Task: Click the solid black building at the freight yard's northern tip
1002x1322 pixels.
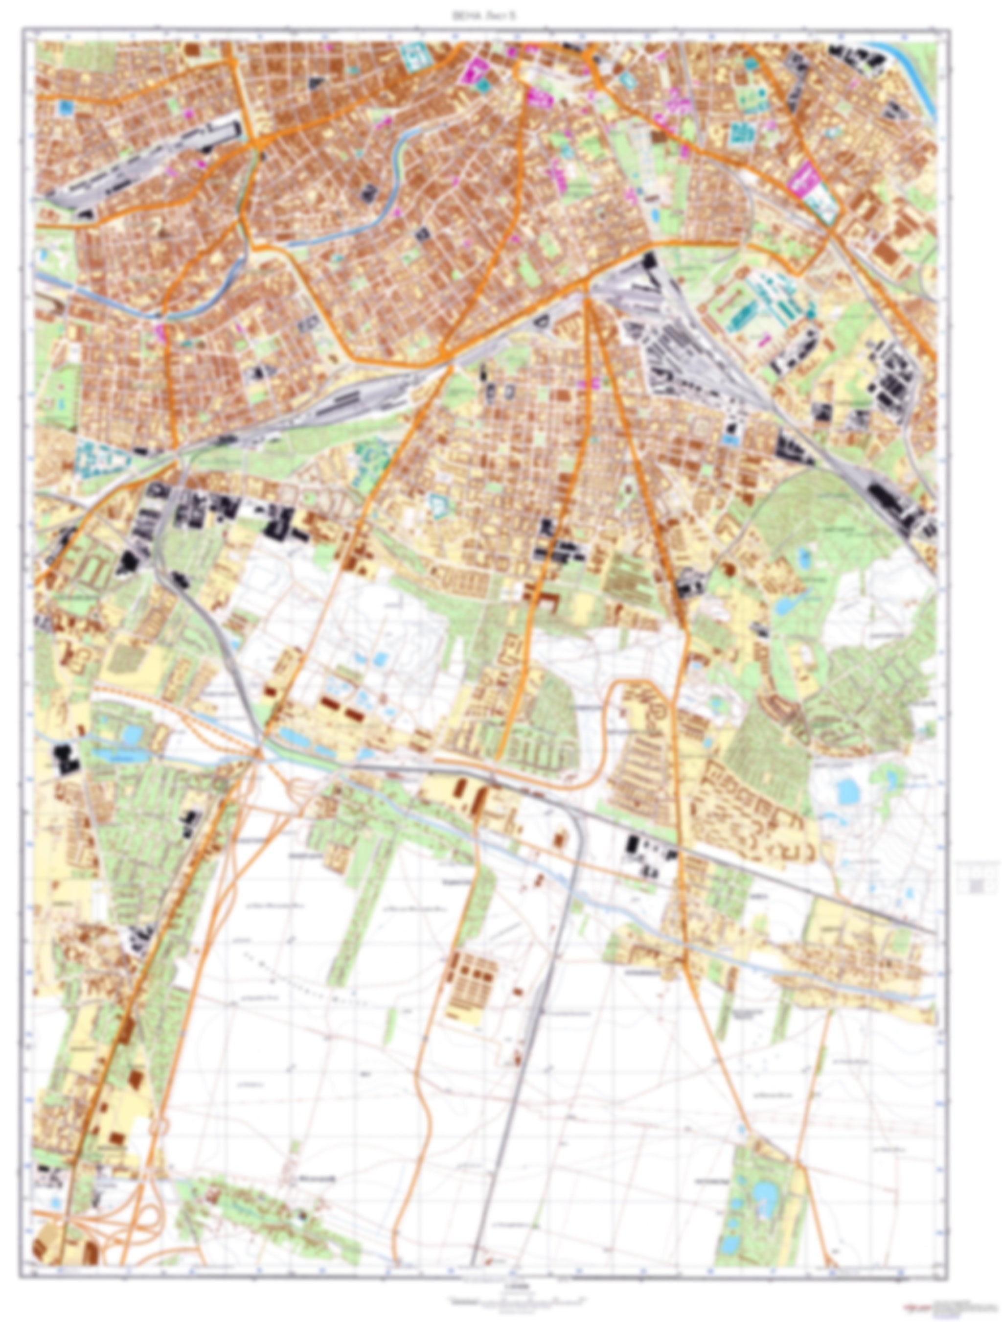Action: pos(649,260)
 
